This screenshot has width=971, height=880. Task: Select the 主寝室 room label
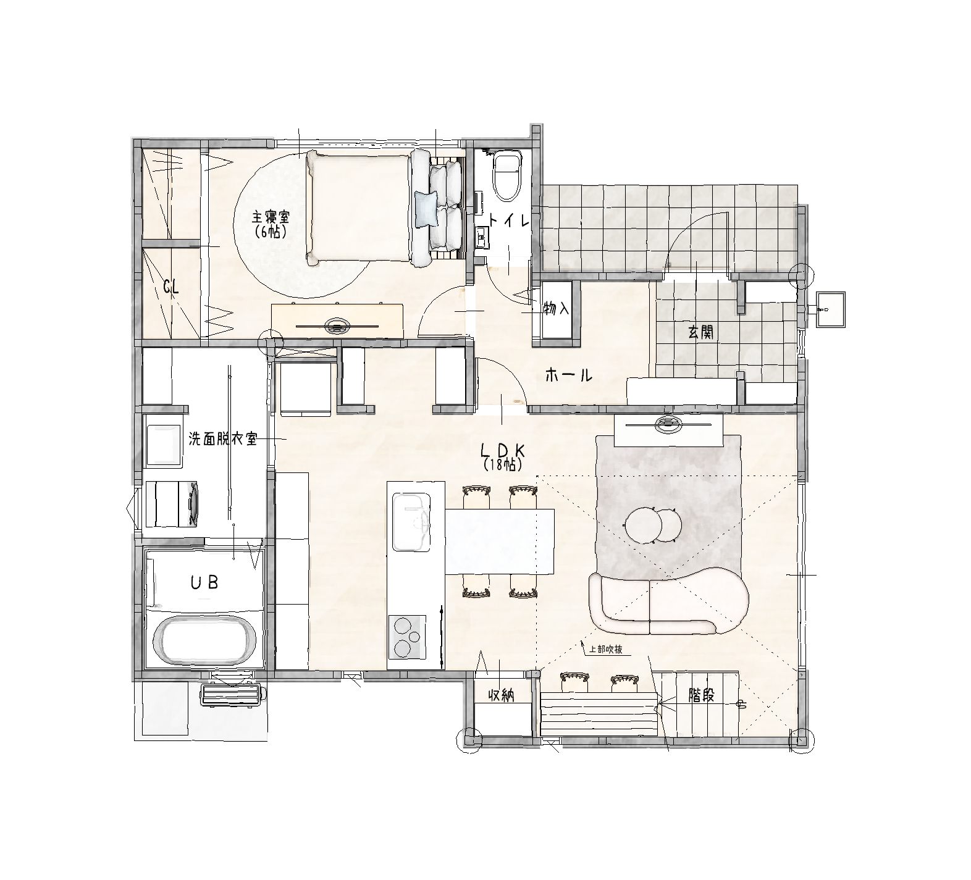point(270,223)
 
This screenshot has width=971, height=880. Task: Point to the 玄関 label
point(701,332)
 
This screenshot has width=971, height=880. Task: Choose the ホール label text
point(569,375)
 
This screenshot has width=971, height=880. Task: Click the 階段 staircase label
point(702,695)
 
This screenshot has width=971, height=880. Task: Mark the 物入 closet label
point(556,309)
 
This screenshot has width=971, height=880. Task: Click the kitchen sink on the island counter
point(411,521)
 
